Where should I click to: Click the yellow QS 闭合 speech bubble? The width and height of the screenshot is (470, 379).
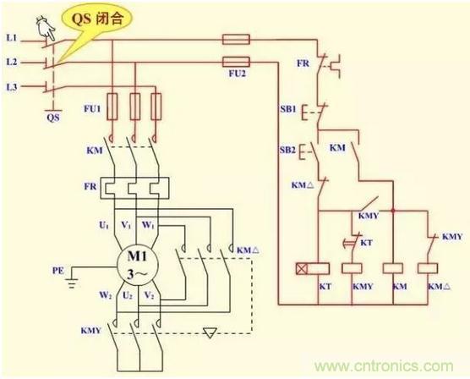[96, 22]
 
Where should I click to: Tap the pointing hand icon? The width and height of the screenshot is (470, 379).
[46, 28]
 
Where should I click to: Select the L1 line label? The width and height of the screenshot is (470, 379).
[12, 38]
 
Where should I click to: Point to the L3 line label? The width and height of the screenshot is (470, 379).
[12, 87]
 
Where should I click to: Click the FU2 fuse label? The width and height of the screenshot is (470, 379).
[237, 74]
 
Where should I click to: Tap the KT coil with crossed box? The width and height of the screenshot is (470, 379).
[313, 268]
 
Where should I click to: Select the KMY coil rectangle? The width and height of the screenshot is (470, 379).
[352, 268]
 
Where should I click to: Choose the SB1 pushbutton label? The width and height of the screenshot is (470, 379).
[288, 109]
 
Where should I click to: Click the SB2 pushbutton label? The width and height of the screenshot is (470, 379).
[287, 150]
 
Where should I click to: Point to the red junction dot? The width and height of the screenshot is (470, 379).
[393, 211]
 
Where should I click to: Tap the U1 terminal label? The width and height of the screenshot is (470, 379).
[104, 225]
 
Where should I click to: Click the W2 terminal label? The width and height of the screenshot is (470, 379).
[106, 295]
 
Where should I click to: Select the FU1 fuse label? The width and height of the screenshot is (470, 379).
[92, 108]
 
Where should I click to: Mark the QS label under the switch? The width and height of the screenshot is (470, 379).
[53, 118]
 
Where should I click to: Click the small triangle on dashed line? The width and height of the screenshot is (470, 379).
[210, 332]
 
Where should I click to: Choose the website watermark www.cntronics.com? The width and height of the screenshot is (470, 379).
[384, 366]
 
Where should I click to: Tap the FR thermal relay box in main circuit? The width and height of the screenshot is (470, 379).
[134, 189]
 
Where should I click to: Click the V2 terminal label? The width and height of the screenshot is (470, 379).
[150, 295]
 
